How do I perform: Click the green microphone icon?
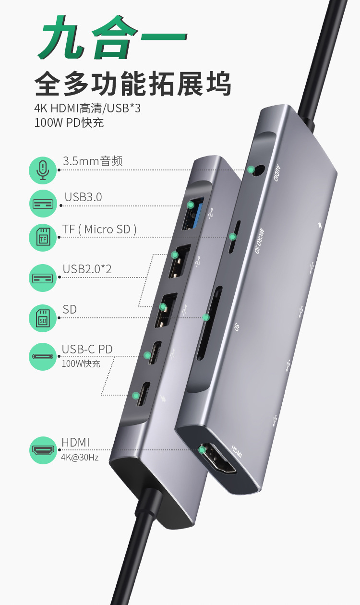coord(43,170)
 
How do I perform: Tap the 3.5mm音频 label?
coord(93,161)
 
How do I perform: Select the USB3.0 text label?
coord(83,197)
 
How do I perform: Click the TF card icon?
coord(43,236)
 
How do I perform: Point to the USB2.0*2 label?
coord(87,269)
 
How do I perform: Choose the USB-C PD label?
coord(87,349)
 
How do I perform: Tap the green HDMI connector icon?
coord(43,450)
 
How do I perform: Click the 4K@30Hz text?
coord(80,458)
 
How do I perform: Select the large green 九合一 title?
coord(112,38)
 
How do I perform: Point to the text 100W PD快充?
coord(69,122)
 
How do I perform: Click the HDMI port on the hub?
coord(219,458)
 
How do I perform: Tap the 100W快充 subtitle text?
coord(81,363)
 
